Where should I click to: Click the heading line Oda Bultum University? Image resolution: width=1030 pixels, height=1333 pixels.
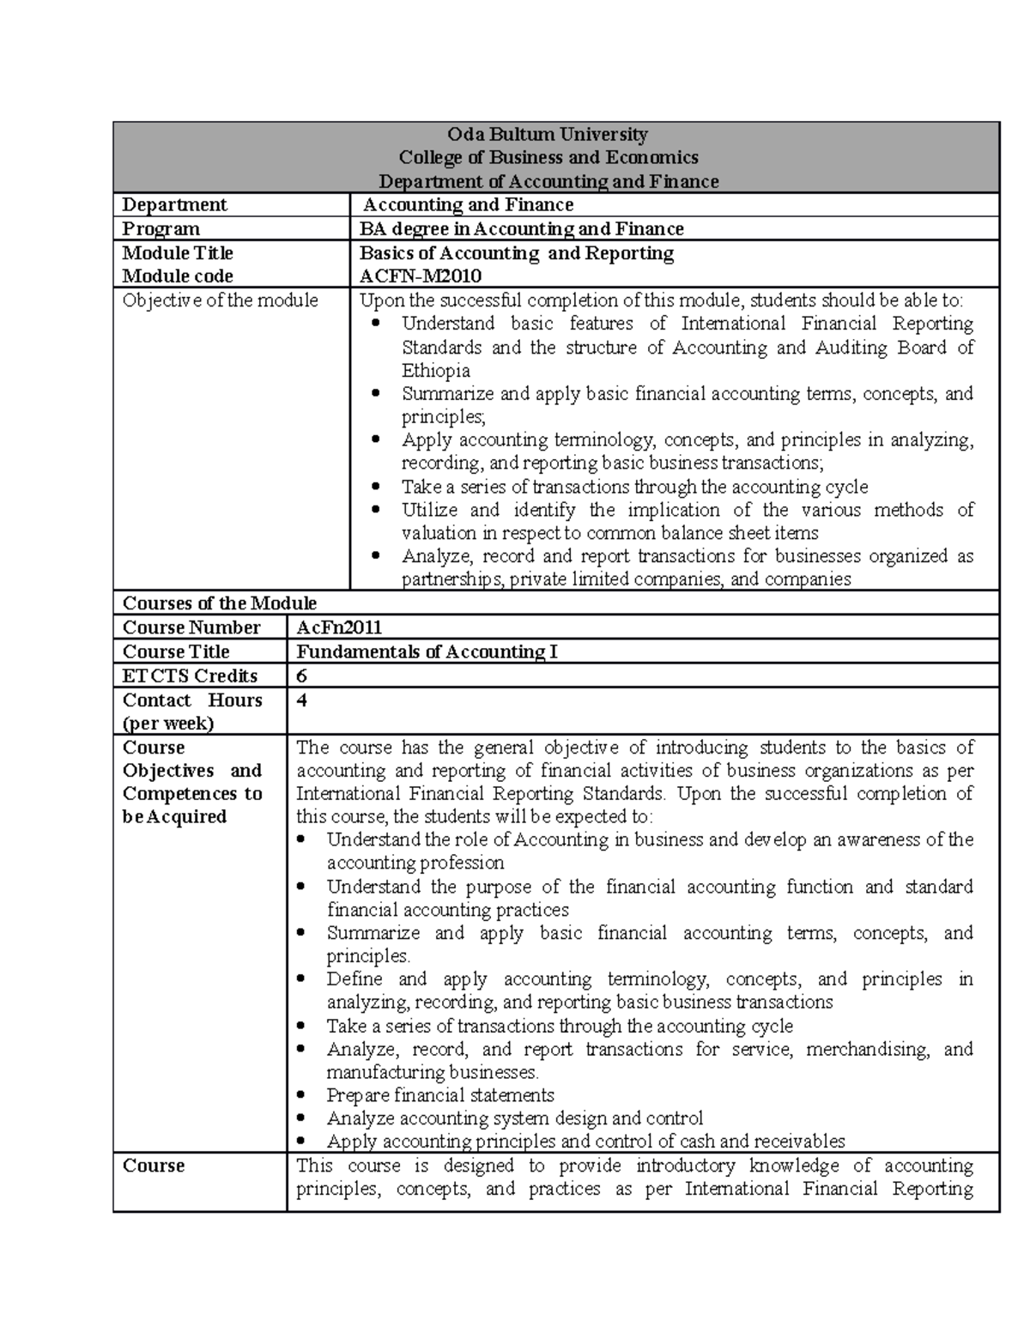(x=548, y=134)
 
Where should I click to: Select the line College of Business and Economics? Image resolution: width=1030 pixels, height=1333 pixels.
(x=548, y=158)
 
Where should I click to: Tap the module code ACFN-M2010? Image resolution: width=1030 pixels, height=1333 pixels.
(x=420, y=276)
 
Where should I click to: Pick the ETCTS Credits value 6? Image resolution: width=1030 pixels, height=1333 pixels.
(x=301, y=676)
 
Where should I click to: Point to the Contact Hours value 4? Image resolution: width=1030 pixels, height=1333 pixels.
(x=301, y=700)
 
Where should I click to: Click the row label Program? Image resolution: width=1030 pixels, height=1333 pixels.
(x=161, y=229)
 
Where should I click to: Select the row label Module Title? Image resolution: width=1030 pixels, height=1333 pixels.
(x=178, y=253)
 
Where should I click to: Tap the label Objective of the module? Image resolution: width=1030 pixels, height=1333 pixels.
(x=220, y=300)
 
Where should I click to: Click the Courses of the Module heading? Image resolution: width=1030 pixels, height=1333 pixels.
(x=220, y=603)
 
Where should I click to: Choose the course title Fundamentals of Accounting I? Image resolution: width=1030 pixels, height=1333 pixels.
(x=427, y=651)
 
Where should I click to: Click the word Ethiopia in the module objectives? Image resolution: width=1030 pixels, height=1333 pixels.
(x=436, y=371)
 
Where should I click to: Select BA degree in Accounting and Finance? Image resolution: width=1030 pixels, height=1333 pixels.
(x=521, y=229)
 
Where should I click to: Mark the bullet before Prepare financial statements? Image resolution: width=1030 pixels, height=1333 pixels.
(x=300, y=1096)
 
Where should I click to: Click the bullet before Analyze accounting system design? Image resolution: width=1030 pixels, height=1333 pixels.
(x=300, y=1119)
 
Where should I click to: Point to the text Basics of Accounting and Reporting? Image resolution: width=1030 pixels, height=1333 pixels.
(x=516, y=253)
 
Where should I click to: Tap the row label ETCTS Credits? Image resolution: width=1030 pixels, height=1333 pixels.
(x=190, y=676)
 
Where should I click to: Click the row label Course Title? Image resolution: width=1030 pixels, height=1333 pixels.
(x=176, y=651)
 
